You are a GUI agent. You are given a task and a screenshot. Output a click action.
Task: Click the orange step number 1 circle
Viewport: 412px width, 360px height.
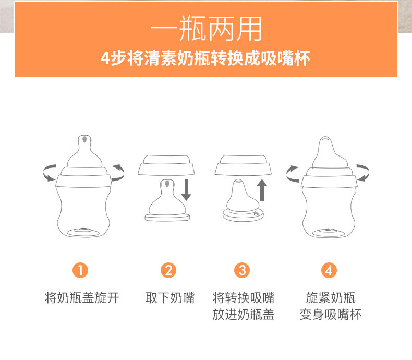click(80, 270)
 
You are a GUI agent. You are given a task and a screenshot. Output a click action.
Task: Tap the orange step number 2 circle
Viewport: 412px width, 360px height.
click(168, 270)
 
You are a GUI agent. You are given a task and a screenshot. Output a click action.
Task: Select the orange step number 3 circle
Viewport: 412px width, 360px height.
click(242, 270)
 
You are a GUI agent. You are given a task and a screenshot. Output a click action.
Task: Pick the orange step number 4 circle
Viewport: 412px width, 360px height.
click(329, 270)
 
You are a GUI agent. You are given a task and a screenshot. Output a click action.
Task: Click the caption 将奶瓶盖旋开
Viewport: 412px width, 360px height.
click(82, 298)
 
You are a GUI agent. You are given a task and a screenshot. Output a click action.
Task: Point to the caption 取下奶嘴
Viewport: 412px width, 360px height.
click(170, 298)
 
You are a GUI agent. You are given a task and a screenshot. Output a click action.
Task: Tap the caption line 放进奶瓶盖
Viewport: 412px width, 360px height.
click(244, 315)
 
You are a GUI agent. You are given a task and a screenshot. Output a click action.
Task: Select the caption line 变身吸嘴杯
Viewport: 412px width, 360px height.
click(331, 315)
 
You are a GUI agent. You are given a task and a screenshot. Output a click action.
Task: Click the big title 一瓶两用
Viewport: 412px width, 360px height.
click(207, 28)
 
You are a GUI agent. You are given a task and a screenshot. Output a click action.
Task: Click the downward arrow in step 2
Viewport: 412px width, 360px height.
click(186, 190)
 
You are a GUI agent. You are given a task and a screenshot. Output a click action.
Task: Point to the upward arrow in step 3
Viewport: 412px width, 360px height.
click(262, 190)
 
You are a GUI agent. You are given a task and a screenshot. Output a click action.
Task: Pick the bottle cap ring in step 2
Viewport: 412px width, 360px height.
click(166, 165)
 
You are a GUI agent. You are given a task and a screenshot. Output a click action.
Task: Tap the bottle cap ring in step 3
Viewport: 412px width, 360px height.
click(243, 165)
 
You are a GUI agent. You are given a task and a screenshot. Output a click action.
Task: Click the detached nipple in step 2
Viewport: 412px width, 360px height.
click(167, 200)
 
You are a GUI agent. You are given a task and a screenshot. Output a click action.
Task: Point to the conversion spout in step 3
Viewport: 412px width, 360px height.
click(243, 200)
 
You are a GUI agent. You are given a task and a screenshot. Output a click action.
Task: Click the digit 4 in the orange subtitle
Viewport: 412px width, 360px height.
click(105, 58)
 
